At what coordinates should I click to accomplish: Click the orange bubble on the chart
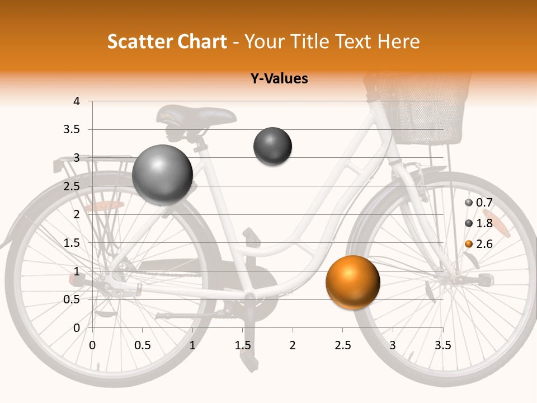(x=352, y=283)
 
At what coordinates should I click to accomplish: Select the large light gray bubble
(x=163, y=175)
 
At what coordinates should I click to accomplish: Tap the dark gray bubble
(x=273, y=147)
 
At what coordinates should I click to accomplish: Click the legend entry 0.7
(x=484, y=203)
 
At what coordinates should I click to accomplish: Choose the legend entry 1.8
(x=484, y=223)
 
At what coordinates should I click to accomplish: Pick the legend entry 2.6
(x=484, y=244)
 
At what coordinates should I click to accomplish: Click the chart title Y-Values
(x=279, y=79)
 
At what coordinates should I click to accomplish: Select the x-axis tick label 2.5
(x=342, y=345)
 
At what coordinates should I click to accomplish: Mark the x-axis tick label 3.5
(x=442, y=345)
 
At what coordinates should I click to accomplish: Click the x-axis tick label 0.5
(x=142, y=345)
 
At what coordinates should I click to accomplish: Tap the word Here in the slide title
(x=398, y=41)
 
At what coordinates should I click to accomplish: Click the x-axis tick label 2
(x=293, y=345)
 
